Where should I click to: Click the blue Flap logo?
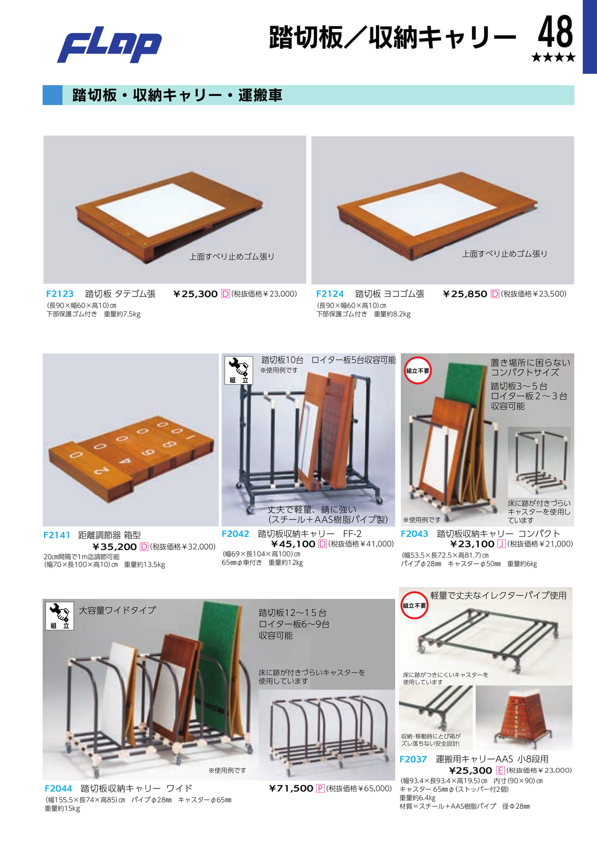[109, 45]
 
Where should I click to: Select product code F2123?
[60, 294]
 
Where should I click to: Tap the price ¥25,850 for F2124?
[465, 294]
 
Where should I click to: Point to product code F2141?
[57, 535]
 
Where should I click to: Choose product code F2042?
[235, 533]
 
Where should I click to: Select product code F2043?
[414, 533]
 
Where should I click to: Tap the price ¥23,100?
[473, 544]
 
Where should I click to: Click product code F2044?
[58, 788]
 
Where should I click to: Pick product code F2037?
[413, 759]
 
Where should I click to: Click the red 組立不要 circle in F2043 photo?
[417, 371]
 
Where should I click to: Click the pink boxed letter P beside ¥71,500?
[320, 789]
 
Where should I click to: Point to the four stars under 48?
[553, 57]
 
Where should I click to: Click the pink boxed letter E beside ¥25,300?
[500, 770]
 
